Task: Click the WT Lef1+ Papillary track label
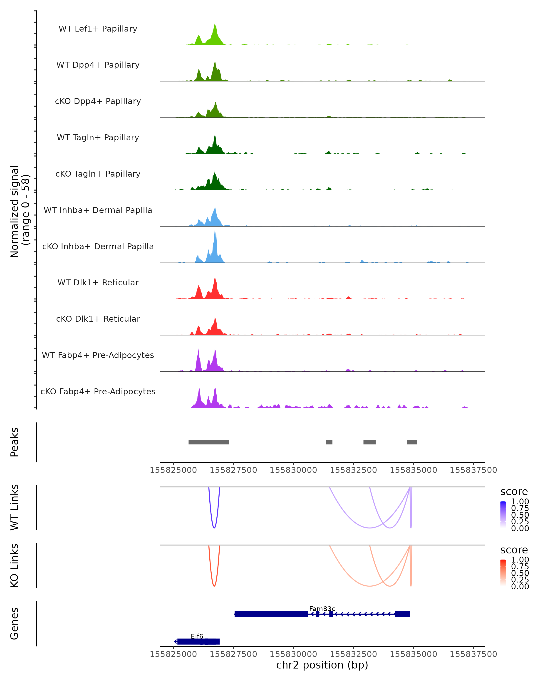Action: coord(98,29)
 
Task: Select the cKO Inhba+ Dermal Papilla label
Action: coord(98,246)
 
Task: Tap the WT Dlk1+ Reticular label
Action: coord(98,282)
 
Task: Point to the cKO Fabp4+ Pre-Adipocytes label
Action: coord(98,391)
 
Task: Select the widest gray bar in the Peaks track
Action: coord(208,442)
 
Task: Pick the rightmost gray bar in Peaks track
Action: coord(412,442)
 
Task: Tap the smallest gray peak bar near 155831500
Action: coord(329,442)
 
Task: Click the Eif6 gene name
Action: coord(197,636)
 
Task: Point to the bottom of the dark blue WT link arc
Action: coord(214,528)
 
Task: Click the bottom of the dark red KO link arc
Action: coord(214,586)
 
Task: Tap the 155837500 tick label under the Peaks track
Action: coord(473,470)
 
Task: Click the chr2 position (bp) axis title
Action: coord(322,665)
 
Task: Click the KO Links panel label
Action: coord(15,565)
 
